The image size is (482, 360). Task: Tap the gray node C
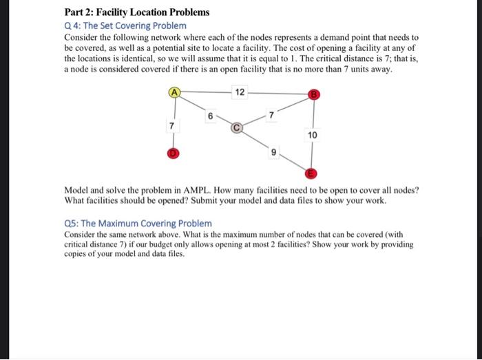click(236, 127)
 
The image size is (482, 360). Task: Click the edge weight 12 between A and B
click(238, 92)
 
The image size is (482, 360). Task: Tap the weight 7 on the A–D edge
click(171, 126)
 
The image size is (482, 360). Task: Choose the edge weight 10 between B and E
click(313, 136)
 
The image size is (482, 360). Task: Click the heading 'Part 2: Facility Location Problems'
click(137, 12)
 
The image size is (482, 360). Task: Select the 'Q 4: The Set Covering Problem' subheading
click(125, 25)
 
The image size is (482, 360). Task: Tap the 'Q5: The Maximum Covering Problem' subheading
click(138, 223)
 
